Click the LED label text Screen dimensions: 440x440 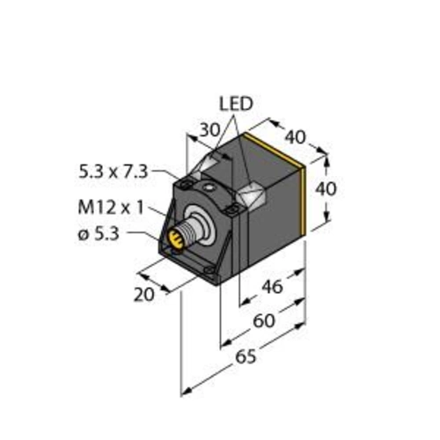(235, 103)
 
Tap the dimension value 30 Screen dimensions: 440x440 (208, 129)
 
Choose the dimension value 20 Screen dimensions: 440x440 (146, 294)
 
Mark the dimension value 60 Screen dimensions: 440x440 (261, 321)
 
